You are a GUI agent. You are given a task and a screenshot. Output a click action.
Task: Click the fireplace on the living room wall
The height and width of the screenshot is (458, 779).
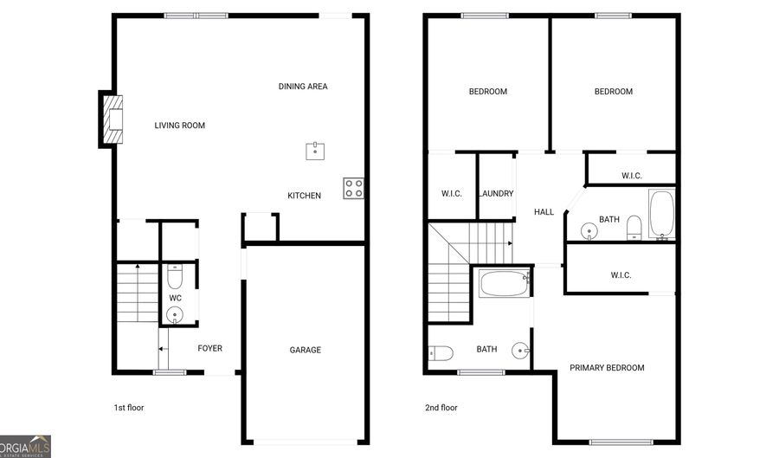pos(113,119)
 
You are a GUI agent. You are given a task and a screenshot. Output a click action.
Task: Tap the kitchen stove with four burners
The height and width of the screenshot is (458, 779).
pos(353,188)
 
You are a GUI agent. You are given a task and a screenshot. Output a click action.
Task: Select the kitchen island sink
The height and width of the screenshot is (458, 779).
pos(315,151)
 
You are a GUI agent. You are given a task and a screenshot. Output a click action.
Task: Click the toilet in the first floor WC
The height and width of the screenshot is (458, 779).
pos(174,277)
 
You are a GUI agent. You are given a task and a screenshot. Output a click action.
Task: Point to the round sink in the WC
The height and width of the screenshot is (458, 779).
pos(174,315)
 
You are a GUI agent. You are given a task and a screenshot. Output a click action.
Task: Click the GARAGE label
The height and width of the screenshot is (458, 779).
pos(305,350)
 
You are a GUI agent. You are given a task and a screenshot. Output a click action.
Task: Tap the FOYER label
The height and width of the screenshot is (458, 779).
pos(209,348)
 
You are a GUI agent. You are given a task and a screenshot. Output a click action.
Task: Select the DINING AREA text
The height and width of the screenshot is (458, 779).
pos(303,87)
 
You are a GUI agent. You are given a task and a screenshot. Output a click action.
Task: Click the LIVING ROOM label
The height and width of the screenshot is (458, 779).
pos(179,126)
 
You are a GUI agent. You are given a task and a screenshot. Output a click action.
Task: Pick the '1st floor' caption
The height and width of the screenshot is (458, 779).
pos(129,407)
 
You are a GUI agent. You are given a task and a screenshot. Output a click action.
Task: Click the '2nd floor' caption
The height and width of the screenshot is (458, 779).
pos(441,407)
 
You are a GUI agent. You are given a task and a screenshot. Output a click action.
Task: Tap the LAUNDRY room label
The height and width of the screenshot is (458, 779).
pos(496,193)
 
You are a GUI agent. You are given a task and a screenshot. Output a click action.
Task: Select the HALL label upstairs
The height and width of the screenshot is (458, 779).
pos(544,212)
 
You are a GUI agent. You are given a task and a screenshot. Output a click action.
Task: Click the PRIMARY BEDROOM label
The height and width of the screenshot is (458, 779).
pos(607,368)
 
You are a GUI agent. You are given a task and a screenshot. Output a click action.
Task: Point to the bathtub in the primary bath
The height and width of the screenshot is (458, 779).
pos(505,284)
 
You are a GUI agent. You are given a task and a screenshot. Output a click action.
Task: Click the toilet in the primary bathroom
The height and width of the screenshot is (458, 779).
pos(441,353)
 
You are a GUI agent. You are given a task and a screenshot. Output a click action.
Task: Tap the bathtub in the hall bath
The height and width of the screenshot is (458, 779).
pos(662,214)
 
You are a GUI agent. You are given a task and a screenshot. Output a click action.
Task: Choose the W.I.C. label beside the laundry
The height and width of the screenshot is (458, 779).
pos(452,193)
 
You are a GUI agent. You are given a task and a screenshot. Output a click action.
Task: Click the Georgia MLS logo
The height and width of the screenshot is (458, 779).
pos(25,447)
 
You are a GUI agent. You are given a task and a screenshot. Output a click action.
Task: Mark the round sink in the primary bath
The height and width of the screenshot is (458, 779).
pos(520,351)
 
